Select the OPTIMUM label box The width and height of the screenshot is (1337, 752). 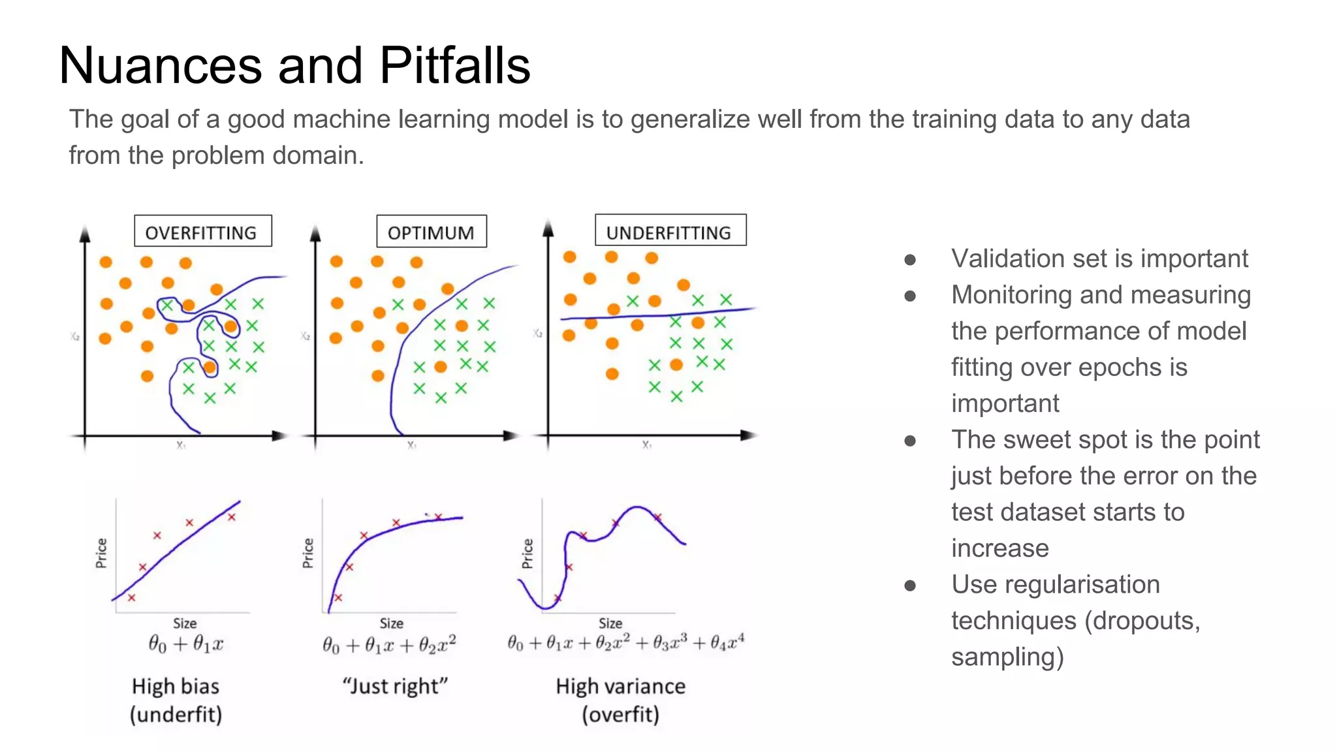point(431,231)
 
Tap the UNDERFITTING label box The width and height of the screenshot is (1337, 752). point(670,230)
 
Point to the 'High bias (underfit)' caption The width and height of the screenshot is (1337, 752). point(176,700)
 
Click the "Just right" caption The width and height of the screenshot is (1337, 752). point(395,686)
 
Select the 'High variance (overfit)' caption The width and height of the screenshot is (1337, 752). point(620,700)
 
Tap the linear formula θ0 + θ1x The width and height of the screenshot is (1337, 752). point(185,644)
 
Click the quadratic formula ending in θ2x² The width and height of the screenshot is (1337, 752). point(389,644)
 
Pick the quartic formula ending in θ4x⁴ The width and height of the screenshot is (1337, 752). point(625,643)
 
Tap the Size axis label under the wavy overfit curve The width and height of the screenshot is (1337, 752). point(610,623)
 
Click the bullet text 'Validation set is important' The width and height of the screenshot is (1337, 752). point(1099,258)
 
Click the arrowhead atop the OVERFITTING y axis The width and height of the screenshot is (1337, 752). point(84,233)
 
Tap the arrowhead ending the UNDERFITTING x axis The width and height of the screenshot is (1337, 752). point(749,435)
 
